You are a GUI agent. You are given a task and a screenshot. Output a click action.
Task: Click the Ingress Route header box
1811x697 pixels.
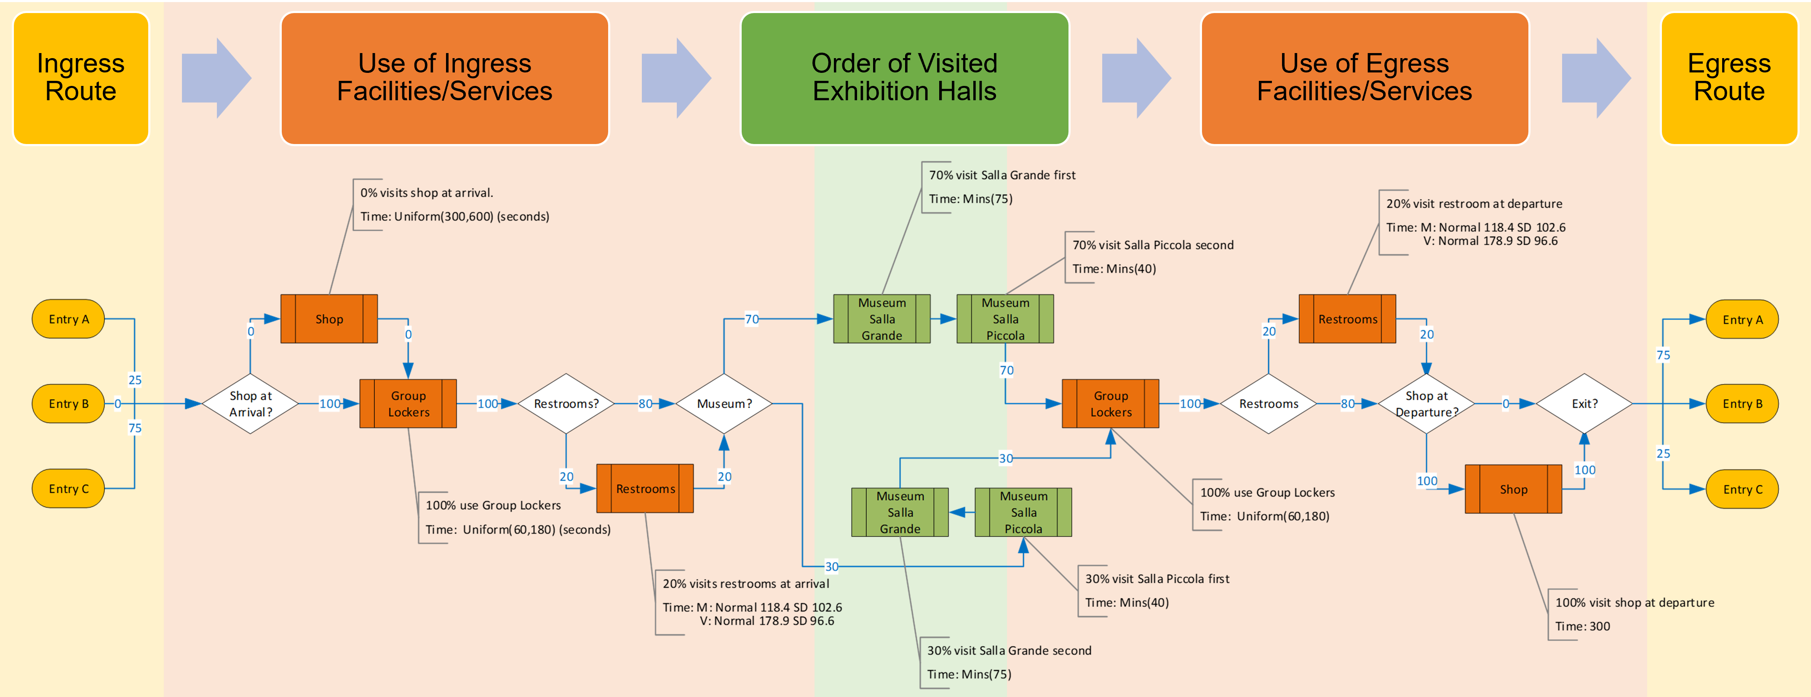81,78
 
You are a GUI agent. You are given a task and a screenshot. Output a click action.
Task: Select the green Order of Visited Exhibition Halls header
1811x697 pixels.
904,78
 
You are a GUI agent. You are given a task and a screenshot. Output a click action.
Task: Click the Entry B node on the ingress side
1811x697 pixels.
68,404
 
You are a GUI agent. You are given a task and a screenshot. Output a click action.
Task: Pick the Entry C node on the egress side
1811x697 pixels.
1742,489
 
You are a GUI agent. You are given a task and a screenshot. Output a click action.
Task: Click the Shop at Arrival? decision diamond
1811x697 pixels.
250,404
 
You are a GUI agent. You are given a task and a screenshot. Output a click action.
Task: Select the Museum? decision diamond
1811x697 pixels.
724,404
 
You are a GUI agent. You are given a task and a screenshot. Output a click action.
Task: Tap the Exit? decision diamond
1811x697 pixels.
1584,404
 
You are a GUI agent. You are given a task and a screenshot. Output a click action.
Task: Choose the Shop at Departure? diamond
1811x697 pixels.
1426,404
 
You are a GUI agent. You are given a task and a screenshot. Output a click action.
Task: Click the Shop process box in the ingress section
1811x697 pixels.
329,319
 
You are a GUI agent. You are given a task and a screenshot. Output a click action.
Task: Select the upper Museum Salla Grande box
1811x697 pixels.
881,319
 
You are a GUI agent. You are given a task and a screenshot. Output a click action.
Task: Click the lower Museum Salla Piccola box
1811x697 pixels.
1023,512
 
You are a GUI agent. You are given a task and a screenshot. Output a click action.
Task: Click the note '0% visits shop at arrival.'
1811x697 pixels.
427,193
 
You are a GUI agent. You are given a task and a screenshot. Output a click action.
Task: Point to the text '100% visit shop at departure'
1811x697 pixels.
1635,603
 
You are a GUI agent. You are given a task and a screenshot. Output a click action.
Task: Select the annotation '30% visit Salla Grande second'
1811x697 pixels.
1009,651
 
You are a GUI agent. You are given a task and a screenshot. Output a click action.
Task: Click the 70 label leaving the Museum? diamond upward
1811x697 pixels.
751,319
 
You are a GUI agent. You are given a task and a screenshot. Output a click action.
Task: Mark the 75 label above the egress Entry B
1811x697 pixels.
1663,355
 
